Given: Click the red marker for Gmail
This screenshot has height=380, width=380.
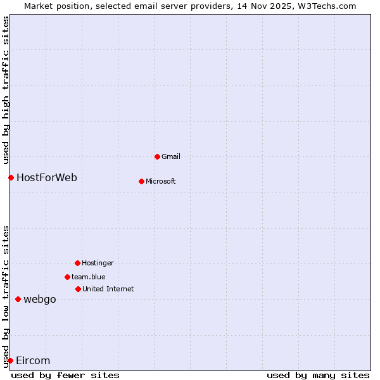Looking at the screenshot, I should point(158,156).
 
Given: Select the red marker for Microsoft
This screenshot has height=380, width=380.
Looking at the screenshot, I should point(142,181).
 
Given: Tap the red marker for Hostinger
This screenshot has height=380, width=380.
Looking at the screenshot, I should point(78,263).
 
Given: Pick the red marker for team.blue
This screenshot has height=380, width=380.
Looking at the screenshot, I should point(68,277).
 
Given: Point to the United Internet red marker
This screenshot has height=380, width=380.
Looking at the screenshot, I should point(79,289).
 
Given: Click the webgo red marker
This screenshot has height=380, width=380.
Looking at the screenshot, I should point(18,299).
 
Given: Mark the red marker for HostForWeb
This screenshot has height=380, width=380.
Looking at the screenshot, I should point(11,177).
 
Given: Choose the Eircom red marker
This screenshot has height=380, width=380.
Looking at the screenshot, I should point(10,360).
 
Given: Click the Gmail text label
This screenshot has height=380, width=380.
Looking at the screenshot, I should point(171,156).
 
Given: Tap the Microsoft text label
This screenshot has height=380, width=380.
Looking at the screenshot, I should point(161,181).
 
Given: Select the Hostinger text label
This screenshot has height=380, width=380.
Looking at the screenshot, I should point(98,263).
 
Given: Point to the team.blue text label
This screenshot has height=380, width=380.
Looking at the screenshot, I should point(89,277).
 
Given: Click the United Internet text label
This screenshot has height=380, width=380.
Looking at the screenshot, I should point(108,289).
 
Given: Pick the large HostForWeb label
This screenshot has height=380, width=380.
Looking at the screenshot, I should point(47,177).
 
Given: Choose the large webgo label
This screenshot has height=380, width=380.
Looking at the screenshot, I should point(40,299).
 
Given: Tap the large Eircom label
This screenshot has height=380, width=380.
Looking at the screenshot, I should point(33,360).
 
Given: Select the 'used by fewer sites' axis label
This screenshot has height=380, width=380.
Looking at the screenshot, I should point(65,375).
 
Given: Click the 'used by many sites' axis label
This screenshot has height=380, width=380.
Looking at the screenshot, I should point(318,375).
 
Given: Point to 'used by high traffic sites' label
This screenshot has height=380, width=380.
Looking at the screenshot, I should point(6,89).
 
